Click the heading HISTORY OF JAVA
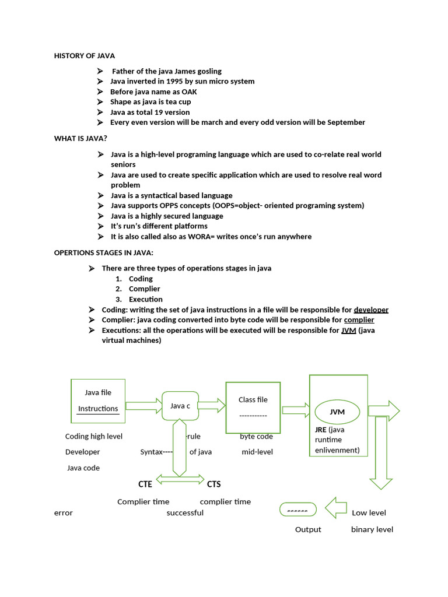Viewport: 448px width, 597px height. coord(85,56)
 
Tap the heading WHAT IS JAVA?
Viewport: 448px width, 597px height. coord(80,138)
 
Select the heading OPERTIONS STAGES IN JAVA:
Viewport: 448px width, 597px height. coord(104,252)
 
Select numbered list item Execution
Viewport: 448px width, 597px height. coord(146,299)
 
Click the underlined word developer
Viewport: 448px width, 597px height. coord(371,310)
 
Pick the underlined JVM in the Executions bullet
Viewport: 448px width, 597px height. coord(348,330)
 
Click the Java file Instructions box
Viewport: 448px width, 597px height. coord(98,401)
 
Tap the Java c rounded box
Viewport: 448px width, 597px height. coord(180,406)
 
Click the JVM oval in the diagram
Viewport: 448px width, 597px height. coord(337,412)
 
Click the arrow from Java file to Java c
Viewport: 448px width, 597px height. coord(143,405)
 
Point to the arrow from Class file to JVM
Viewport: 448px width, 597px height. coord(296,411)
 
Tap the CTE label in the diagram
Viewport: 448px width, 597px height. coord(145,484)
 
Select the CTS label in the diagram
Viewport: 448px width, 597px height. coord(214,484)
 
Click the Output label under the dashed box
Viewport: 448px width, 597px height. coord(308,529)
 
